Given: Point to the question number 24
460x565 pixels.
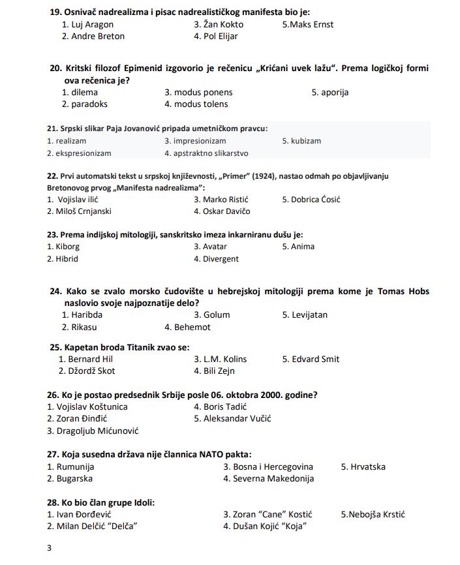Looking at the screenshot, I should (55, 292).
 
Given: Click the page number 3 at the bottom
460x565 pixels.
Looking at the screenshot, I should (49, 548).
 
